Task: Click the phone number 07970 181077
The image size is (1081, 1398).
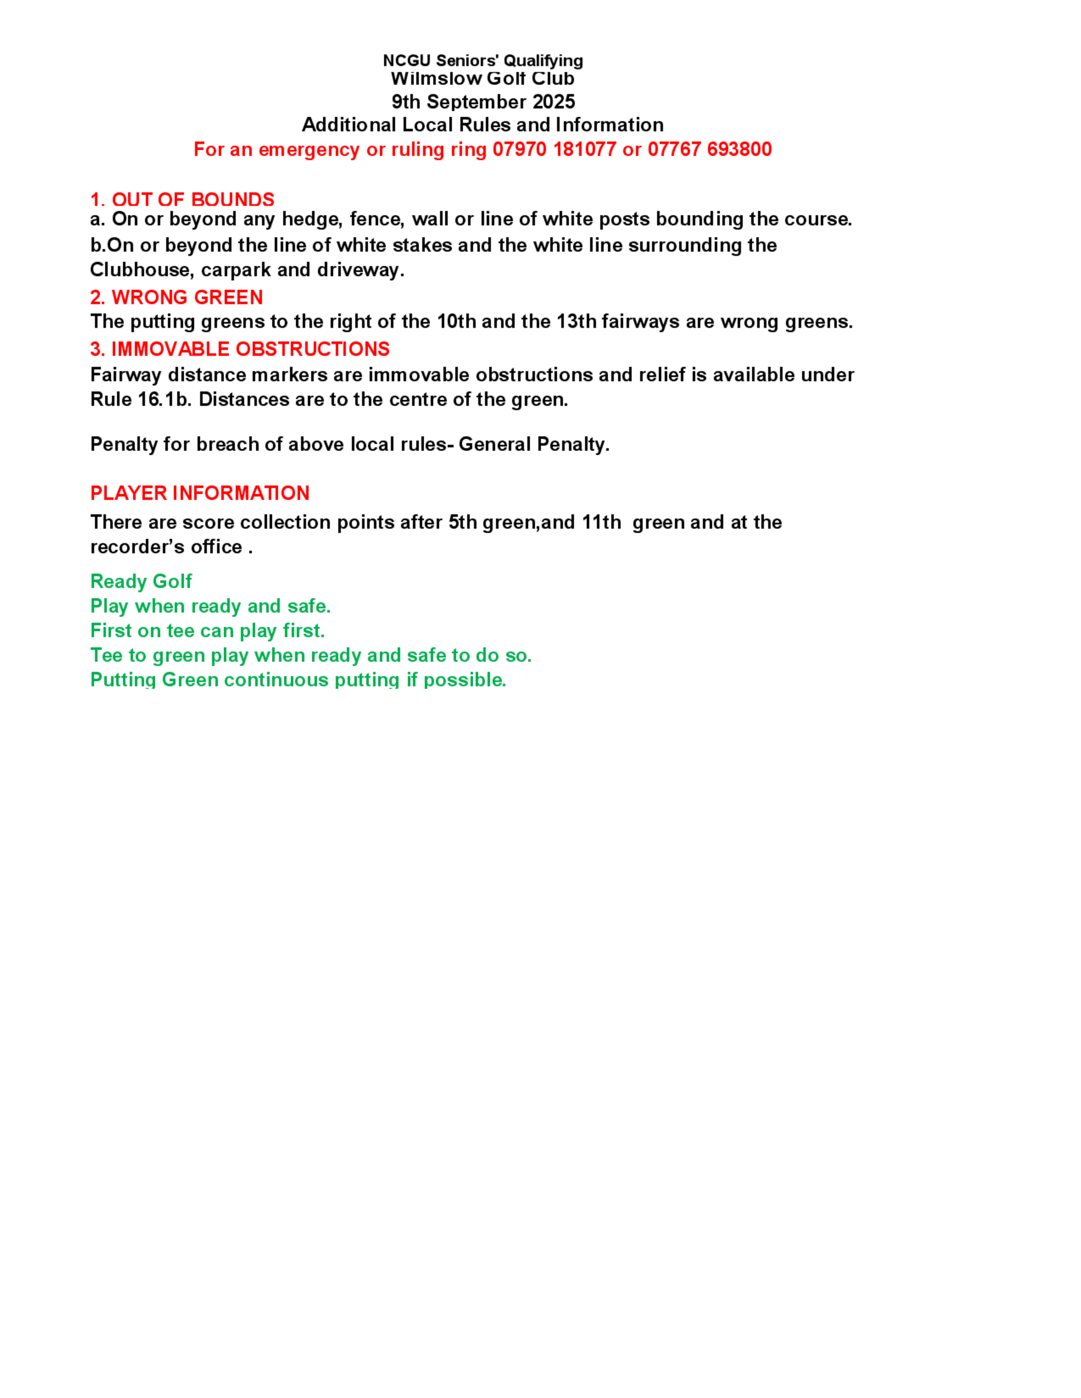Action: (x=554, y=149)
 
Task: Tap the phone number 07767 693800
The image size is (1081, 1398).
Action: (x=710, y=149)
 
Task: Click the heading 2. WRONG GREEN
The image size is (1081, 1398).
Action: (x=176, y=297)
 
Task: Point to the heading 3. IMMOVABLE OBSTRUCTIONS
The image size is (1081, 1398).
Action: (x=239, y=349)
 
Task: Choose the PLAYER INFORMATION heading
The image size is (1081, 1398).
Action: (x=200, y=493)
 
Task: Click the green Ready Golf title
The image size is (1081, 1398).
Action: (x=141, y=581)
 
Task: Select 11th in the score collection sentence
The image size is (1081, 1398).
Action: (x=602, y=522)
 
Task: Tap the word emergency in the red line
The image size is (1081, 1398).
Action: (x=309, y=150)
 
